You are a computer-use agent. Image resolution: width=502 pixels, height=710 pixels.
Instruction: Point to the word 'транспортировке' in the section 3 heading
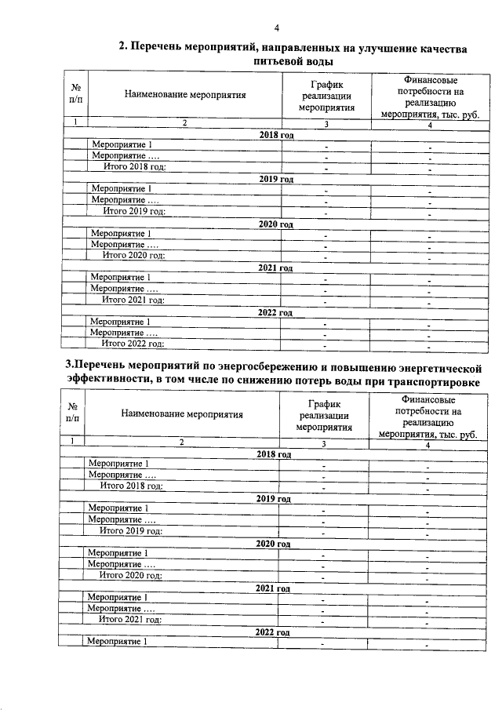click(x=435, y=380)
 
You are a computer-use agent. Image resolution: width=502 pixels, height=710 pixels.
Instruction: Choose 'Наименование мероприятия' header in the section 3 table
click(x=182, y=414)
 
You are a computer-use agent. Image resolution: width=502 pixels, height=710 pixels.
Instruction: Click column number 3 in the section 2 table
click(x=326, y=124)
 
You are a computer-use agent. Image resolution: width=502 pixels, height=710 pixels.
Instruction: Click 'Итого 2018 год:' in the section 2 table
click(x=134, y=167)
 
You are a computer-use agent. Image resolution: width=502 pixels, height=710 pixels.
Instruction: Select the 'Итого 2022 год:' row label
click(x=133, y=344)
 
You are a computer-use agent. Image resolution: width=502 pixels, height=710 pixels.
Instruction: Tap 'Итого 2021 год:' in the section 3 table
click(x=130, y=619)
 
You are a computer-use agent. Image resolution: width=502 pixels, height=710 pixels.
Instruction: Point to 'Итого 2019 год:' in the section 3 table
click(x=131, y=531)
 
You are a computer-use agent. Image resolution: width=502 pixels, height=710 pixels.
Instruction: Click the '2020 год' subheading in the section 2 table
click(x=275, y=224)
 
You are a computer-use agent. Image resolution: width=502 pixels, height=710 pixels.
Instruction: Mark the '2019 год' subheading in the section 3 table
click(x=273, y=499)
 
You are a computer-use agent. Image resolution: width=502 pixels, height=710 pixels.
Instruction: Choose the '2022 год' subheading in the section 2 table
click(x=275, y=312)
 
